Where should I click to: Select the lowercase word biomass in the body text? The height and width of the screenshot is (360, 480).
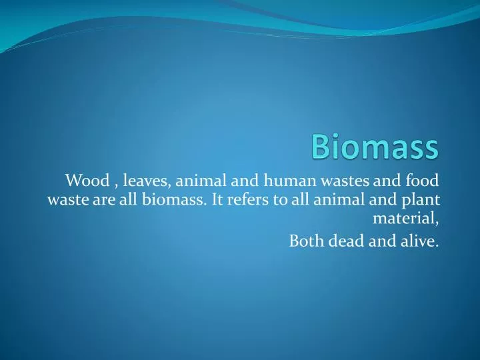pyautogui.click(x=166, y=199)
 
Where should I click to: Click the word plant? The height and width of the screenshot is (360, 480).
pyautogui.click(x=423, y=199)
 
